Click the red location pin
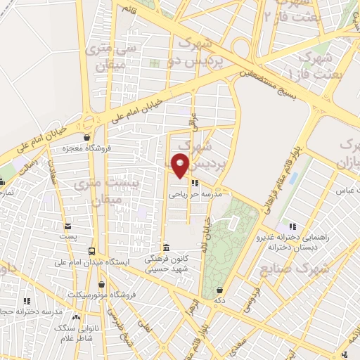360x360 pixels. coord(181,165)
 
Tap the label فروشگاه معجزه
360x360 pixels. coord(85,148)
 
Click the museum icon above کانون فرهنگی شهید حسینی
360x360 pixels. coord(165,248)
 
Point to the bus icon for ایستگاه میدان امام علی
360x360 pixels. coord(92,251)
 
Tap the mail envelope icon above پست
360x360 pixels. coord(67,226)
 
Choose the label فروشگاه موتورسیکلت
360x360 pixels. coord(102,295)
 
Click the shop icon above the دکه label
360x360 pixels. coord(220,289)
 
